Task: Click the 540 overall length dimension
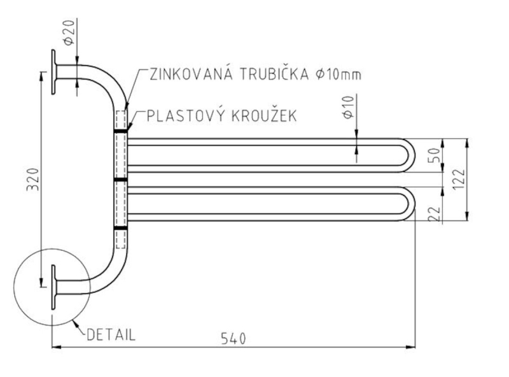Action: (x=234, y=339)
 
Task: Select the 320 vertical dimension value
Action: (x=33, y=180)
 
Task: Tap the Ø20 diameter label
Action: (x=69, y=32)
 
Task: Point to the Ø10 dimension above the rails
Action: (x=348, y=108)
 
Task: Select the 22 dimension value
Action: (x=435, y=214)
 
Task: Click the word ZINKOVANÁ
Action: (x=192, y=74)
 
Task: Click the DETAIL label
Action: (x=111, y=335)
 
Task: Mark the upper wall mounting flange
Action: (x=53, y=72)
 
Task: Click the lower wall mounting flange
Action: (x=53, y=287)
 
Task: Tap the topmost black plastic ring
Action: (x=121, y=131)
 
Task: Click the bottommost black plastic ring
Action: (x=121, y=229)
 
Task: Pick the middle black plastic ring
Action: (x=121, y=180)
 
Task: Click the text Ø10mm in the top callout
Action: (x=338, y=75)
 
